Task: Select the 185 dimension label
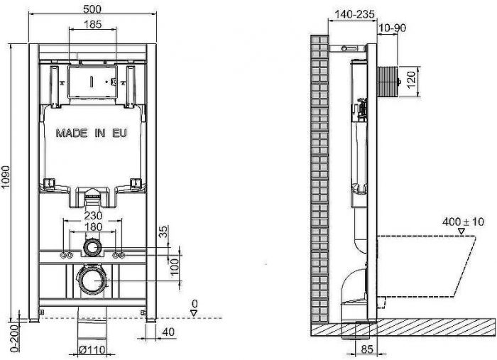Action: click(x=93, y=24)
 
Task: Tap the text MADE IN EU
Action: click(x=93, y=133)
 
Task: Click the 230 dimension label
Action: click(x=94, y=216)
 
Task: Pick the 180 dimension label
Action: click(x=94, y=227)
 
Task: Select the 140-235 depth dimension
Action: click(x=352, y=13)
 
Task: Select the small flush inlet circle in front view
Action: click(x=93, y=248)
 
